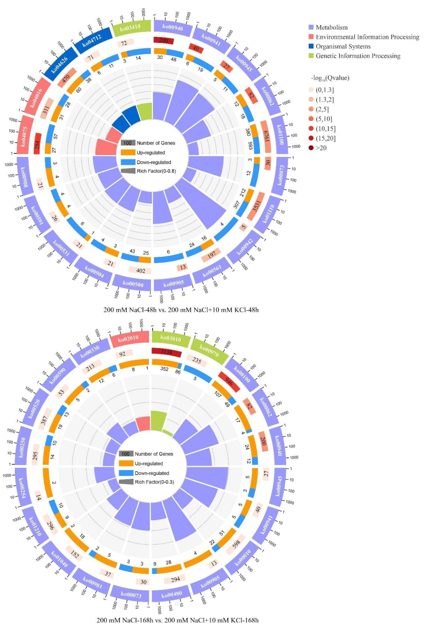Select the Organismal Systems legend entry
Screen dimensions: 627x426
(343, 46)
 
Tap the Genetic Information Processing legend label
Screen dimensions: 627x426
(358, 56)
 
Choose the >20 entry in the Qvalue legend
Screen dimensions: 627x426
(321, 148)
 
